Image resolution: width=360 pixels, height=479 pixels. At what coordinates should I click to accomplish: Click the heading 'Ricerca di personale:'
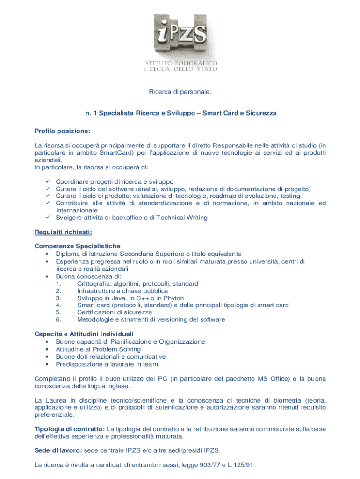pyautogui.click(x=180, y=92)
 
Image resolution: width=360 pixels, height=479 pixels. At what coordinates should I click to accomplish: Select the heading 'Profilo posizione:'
pyautogui.click(x=63, y=131)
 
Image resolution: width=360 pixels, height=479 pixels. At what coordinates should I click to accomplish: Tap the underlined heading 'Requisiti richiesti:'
pyautogui.click(x=63, y=232)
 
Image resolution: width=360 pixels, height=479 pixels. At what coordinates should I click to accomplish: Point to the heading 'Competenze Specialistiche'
pyautogui.click(x=78, y=246)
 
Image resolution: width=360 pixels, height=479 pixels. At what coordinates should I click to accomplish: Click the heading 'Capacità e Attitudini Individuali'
pyautogui.click(x=84, y=334)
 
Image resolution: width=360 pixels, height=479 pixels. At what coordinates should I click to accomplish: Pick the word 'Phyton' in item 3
pyautogui.click(x=173, y=298)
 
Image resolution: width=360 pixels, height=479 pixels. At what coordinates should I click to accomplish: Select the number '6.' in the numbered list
pyautogui.click(x=58, y=319)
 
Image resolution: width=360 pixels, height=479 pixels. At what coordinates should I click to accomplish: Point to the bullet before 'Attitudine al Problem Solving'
pyautogui.click(x=48, y=349)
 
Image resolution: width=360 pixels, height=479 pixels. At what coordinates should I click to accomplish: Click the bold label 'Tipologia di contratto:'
pyautogui.click(x=70, y=429)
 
